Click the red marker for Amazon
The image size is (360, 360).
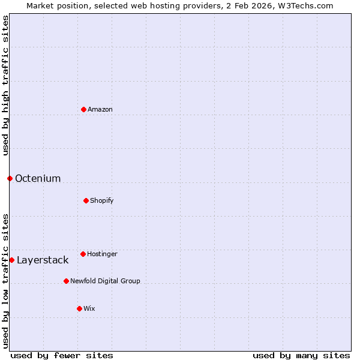point(83,109)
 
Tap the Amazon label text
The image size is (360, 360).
point(100,110)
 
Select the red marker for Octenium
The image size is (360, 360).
point(10,178)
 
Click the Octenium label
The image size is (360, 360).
point(38,179)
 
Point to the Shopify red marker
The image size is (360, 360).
point(86,200)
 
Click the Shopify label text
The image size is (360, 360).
point(102,200)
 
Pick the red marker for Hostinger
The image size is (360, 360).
point(83,254)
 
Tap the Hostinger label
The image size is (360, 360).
point(103,254)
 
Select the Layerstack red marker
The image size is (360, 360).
point(11,260)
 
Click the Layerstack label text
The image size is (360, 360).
point(43,260)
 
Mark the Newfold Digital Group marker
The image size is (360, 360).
point(66,281)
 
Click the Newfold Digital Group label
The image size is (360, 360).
point(105,281)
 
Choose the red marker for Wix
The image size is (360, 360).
point(79,308)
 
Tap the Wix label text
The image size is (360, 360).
point(89,309)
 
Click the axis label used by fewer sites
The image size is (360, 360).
point(62,355)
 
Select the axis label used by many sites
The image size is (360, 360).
point(301,355)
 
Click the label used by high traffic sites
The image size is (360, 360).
point(5,85)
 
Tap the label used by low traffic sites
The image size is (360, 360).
point(5,281)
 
